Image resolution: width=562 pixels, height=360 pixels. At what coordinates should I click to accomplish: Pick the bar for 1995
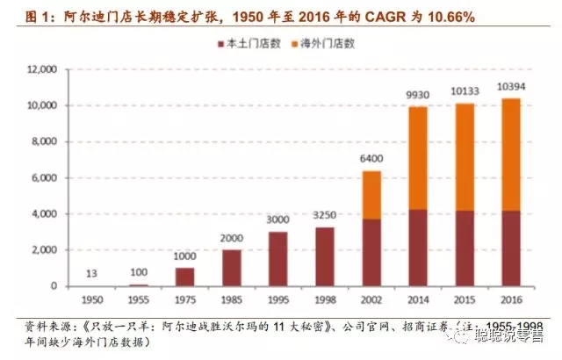(x=277, y=259)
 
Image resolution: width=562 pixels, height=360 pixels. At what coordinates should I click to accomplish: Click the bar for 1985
(x=230, y=268)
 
